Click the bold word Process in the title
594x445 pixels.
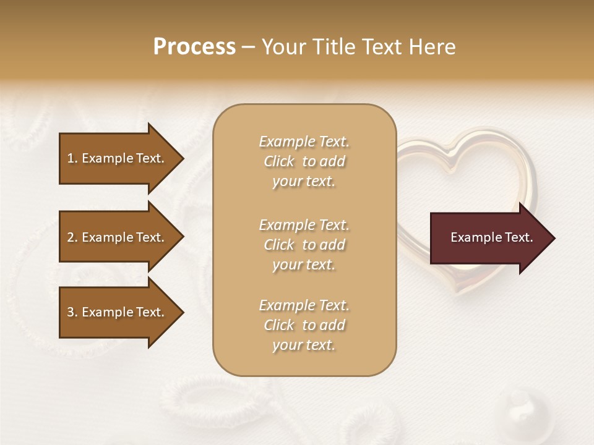(x=194, y=47)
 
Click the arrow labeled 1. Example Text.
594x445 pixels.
(x=118, y=158)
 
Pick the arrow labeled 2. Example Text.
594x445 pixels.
(x=118, y=237)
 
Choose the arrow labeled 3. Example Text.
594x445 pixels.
(x=118, y=312)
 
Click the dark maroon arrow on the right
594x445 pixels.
(x=489, y=238)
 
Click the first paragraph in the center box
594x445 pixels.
(x=304, y=161)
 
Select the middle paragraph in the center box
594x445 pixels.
(x=304, y=245)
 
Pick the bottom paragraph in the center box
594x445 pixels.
(x=304, y=325)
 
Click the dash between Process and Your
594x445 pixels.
(x=248, y=48)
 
